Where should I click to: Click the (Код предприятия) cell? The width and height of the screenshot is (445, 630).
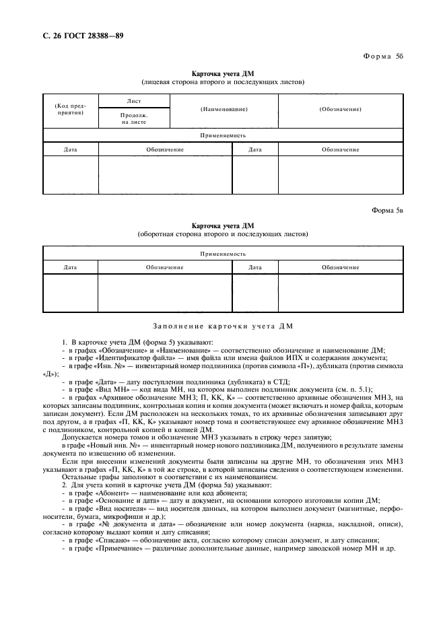71,110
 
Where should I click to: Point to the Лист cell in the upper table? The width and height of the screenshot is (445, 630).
134,100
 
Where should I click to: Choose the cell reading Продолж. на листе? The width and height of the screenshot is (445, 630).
134,118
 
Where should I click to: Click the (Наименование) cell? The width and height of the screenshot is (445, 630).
224,109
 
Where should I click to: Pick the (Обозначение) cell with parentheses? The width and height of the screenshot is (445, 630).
340,109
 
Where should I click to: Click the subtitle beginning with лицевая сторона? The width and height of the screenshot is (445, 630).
223,82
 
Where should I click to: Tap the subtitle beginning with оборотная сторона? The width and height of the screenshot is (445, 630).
223,234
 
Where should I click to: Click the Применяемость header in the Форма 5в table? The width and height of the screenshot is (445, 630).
223,254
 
